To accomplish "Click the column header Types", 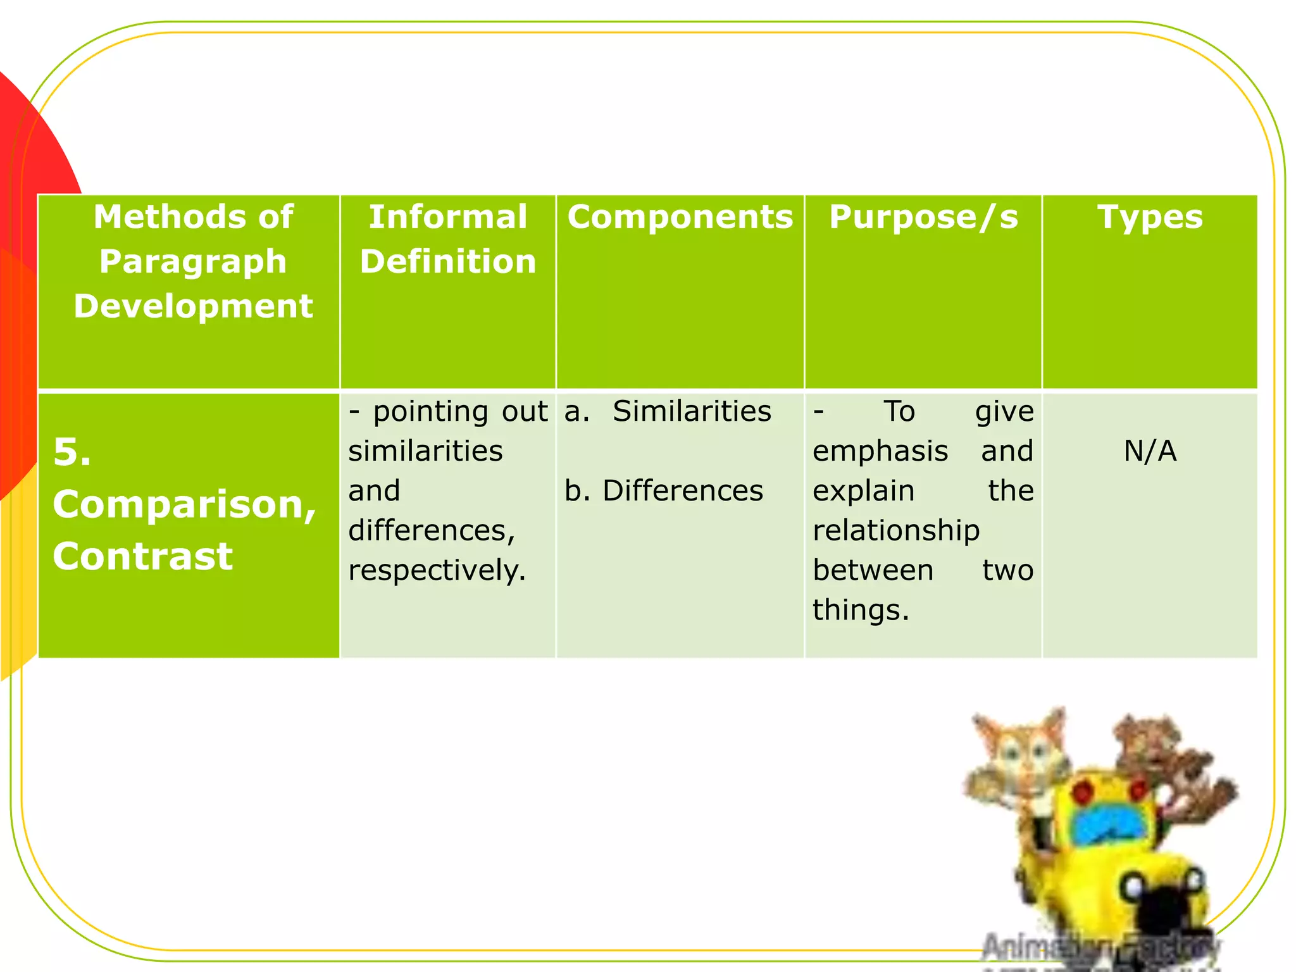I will pos(1149,217).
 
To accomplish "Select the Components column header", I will pos(680,217).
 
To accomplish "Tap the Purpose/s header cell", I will pos(923,217).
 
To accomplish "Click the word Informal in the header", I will pos(447,217).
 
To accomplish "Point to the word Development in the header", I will pos(193,306).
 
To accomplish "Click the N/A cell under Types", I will pos(1149,451).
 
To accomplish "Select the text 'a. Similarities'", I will pos(668,411).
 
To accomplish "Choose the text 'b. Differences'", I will pos(664,491).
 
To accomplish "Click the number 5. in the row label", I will pos(72,453).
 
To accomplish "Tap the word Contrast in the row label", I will pos(143,556).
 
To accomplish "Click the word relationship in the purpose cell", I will pos(896,530).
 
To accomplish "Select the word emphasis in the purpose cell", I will pos(880,451).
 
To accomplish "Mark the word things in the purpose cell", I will pos(860,610).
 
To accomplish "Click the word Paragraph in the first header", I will pos(193,261).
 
